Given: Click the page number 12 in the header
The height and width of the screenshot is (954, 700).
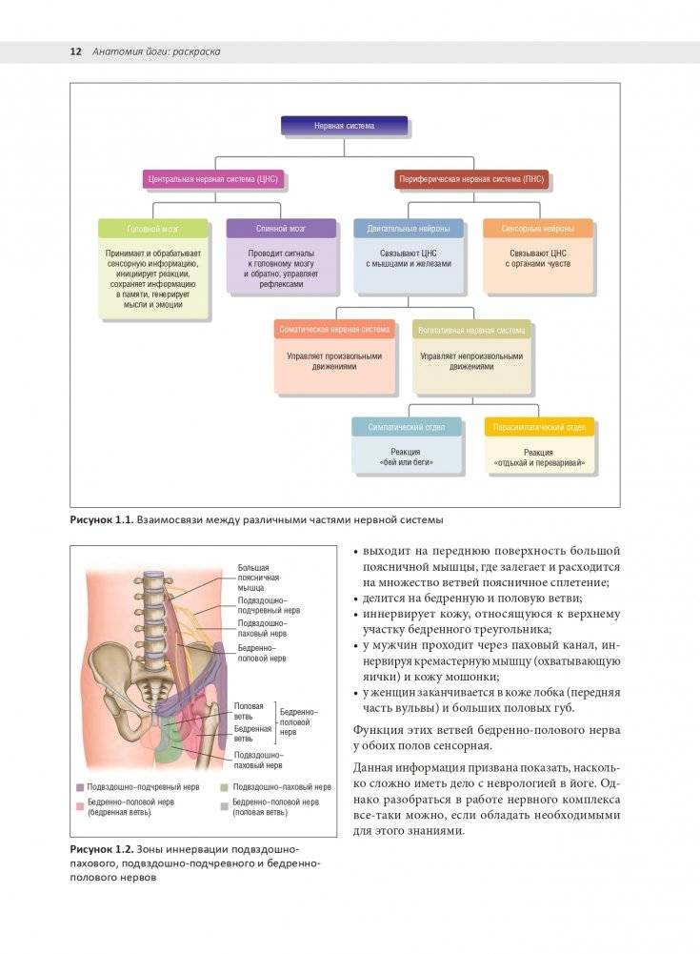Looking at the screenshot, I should point(75,51).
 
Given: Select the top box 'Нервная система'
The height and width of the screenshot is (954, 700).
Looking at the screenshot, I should point(345,126).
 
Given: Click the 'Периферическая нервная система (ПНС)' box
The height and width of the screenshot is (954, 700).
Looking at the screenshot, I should point(471,179).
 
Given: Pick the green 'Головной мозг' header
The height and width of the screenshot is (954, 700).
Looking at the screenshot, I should point(153,229).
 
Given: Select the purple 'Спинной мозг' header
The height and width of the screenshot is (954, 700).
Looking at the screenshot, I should point(281,229).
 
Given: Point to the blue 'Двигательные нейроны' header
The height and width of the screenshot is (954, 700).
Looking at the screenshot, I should point(409,229).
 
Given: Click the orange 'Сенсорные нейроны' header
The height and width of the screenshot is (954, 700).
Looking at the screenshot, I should point(537,229).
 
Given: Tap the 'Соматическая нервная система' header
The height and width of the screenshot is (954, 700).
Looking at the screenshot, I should point(334,330).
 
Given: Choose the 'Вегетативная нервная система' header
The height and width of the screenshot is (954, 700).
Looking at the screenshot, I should point(471,330).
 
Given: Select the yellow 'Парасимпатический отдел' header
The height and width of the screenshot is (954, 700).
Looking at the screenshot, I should point(540,427).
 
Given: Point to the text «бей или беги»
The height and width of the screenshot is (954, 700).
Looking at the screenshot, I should point(407,462).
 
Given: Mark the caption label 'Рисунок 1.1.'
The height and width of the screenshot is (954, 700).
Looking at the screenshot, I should point(100,520).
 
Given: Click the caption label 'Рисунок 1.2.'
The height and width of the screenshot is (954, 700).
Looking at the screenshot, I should point(100,849).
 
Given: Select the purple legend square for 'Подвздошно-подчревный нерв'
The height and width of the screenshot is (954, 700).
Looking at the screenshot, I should point(81,788).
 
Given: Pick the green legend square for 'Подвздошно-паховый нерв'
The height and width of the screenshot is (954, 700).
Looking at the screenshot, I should point(223,788).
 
